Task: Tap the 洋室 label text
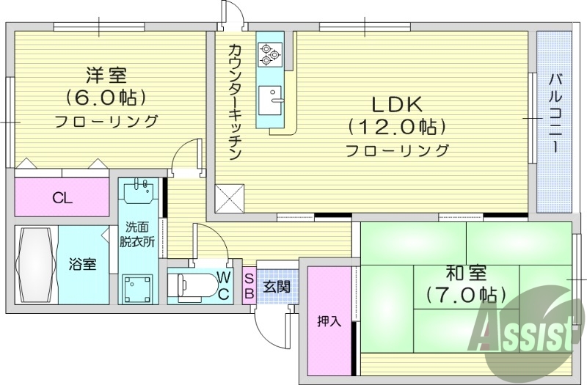[106, 75]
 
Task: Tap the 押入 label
[329, 321]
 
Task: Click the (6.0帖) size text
[106, 98]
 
